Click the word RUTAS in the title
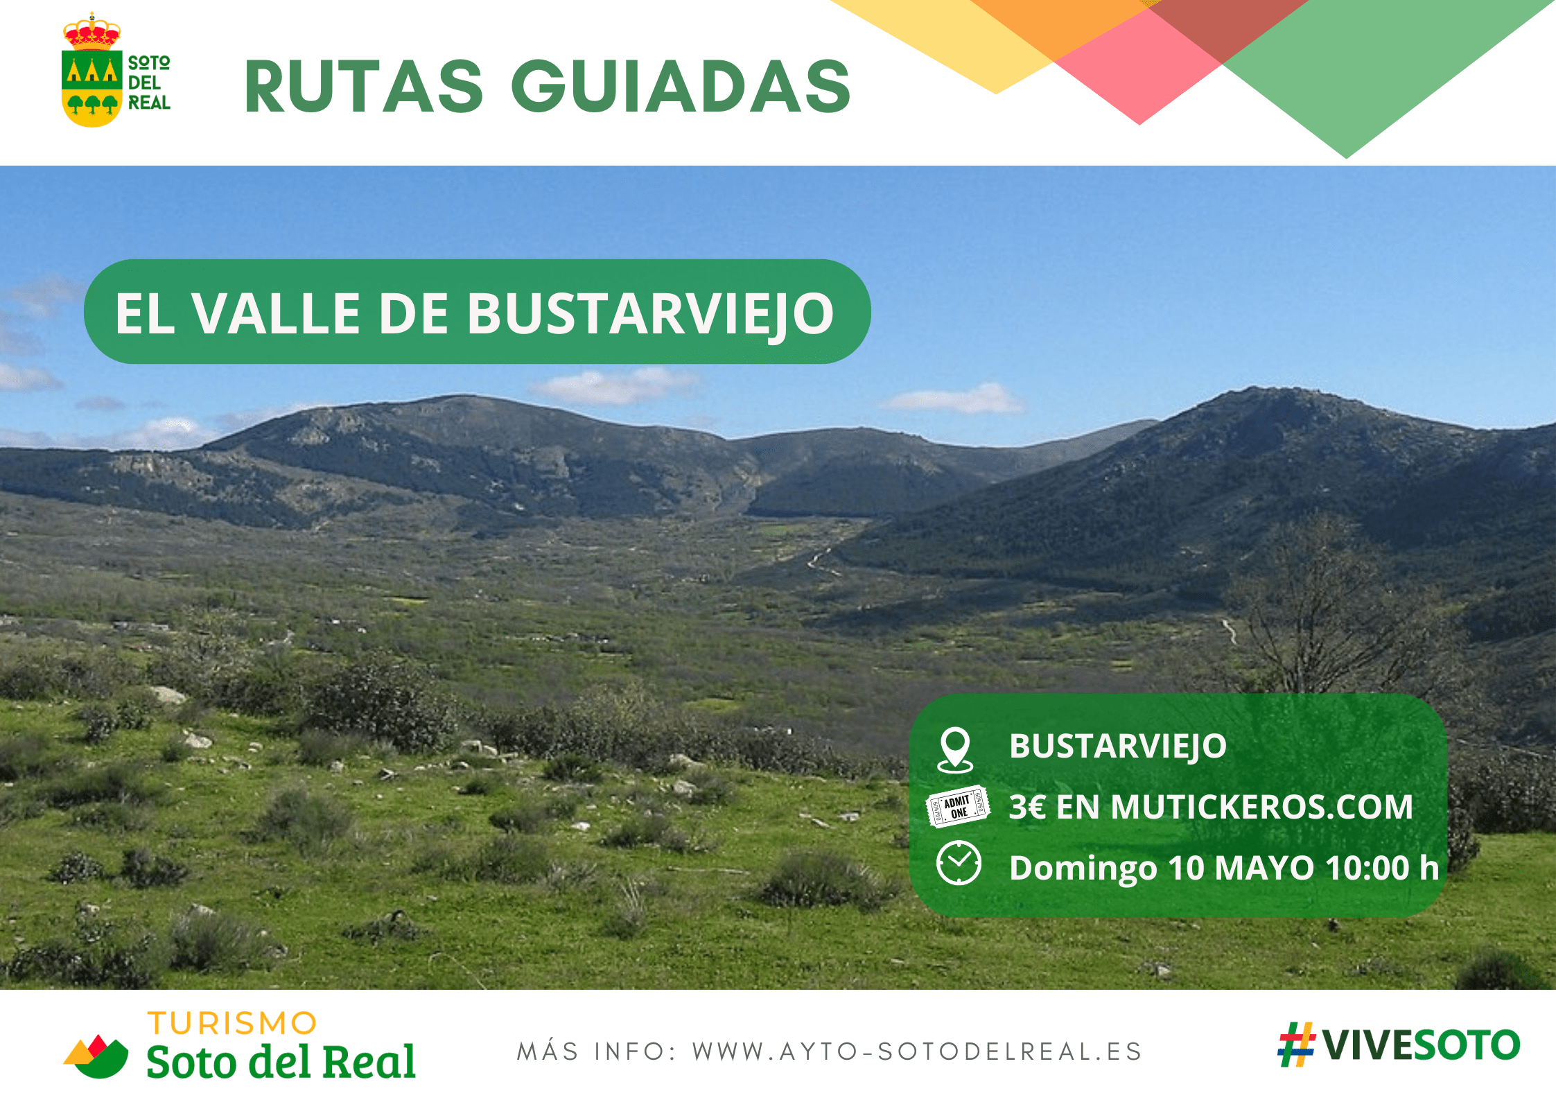(x=364, y=87)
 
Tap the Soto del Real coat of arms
(x=91, y=70)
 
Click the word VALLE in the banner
(x=276, y=313)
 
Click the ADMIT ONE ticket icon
(x=958, y=806)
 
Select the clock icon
(x=959, y=864)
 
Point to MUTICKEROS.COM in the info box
(x=1261, y=807)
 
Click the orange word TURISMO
(x=232, y=1024)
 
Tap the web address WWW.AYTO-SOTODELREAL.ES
(x=917, y=1052)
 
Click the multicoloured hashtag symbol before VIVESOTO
(x=1297, y=1045)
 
